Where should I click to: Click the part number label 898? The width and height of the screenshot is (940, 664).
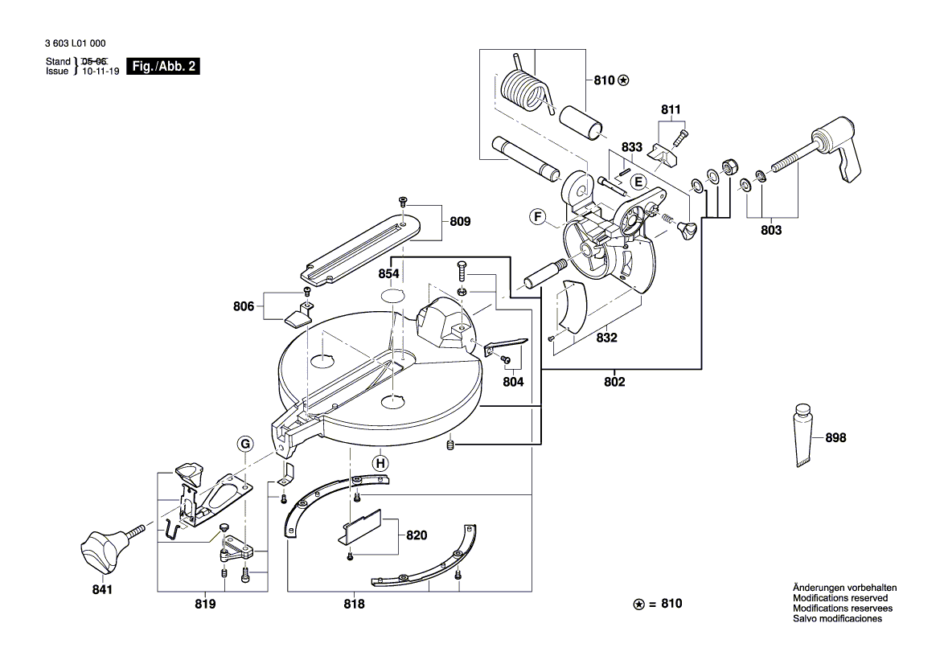835,438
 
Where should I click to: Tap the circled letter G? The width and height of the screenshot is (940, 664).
244,444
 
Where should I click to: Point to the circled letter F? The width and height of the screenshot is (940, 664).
538,216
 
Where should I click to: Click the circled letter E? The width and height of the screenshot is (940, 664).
637,182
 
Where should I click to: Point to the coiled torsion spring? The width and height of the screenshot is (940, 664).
525,88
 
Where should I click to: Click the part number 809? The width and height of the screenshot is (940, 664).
460,221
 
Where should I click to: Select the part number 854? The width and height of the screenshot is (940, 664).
389,274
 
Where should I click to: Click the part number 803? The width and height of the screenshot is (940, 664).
770,231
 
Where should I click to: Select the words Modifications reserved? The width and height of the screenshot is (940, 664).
840,598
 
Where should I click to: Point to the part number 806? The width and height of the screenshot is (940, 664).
244,306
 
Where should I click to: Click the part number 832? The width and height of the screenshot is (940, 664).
606,338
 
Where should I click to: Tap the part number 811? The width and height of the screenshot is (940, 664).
671,109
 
